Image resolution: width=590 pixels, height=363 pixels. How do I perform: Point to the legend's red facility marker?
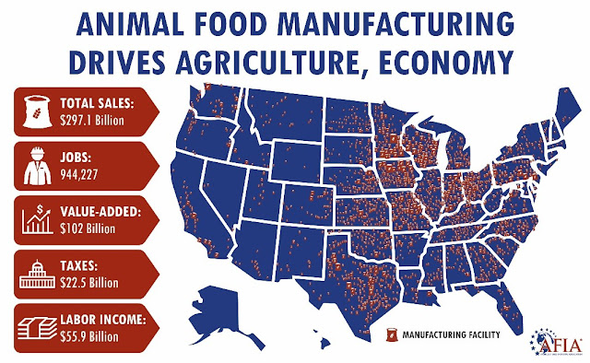pyautogui.click(x=392, y=333)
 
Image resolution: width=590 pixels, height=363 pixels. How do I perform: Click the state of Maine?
pyautogui.click(x=565, y=104)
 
